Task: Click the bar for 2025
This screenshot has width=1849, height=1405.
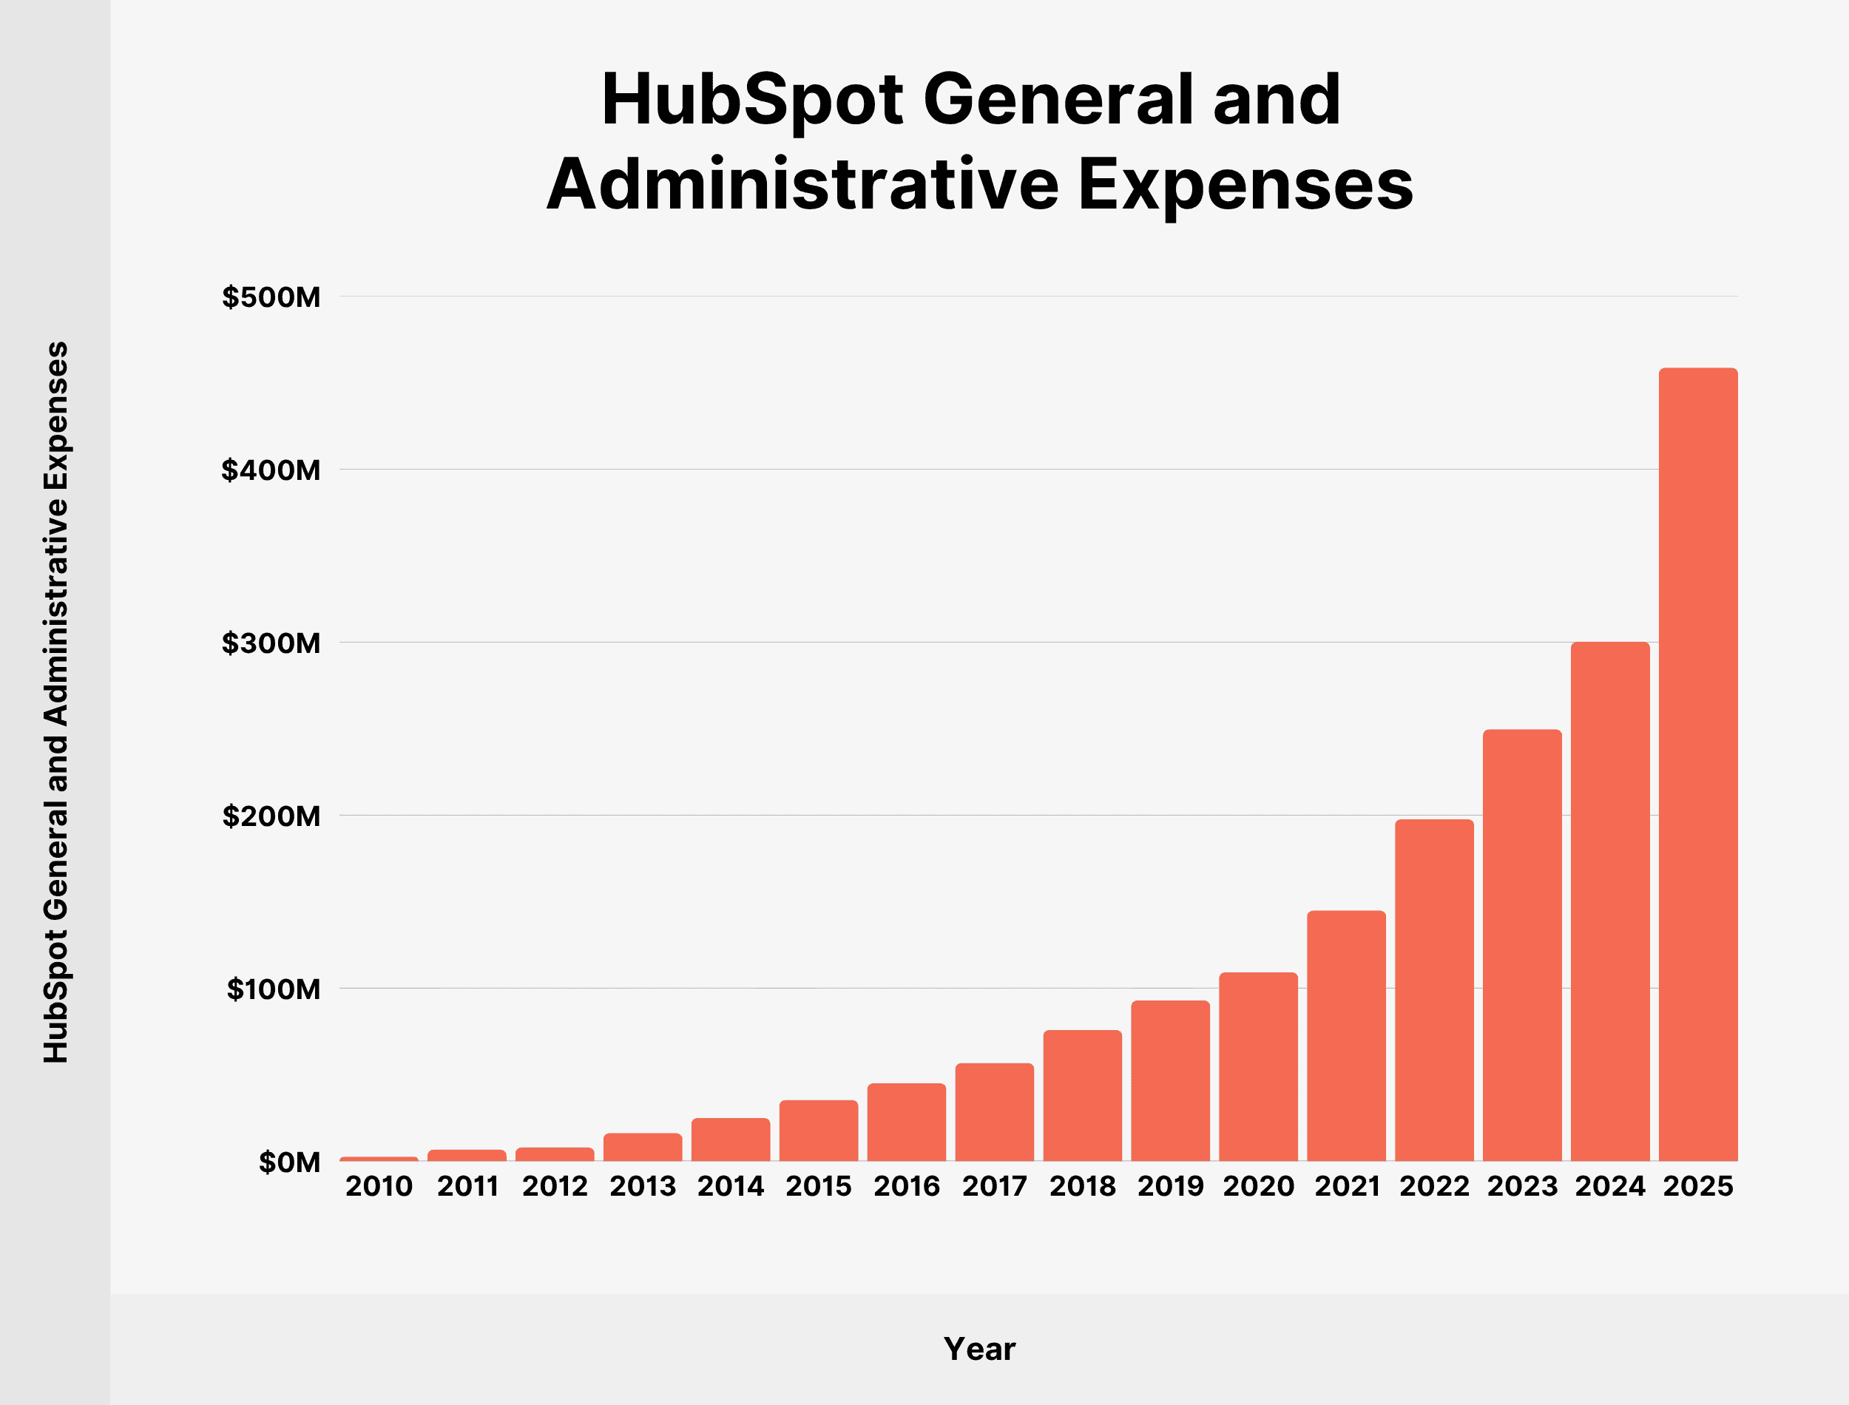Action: click(x=1697, y=765)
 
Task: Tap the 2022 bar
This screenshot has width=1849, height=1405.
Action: click(x=1434, y=990)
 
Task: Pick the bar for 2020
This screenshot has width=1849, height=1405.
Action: click(x=1258, y=1067)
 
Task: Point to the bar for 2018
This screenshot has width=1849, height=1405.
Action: click(x=1082, y=1096)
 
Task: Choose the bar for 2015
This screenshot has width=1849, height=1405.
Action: click(x=818, y=1131)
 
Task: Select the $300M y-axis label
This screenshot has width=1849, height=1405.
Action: click(x=271, y=643)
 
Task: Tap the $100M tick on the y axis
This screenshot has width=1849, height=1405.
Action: click(x=274, y=989)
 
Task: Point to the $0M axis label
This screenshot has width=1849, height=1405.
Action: click(x=289, y=1162)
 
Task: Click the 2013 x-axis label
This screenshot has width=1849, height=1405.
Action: click(x=642, y=1187)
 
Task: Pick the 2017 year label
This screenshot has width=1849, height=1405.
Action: click(x=994, y=1187)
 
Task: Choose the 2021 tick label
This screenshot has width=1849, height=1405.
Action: click(x=1346, y=1187)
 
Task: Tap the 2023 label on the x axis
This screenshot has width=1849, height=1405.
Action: click(x=1522, y=1187)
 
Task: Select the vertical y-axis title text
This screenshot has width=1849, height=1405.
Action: click(x=56, y=702)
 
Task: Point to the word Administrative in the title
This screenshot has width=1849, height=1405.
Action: click(x=802, y=185)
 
